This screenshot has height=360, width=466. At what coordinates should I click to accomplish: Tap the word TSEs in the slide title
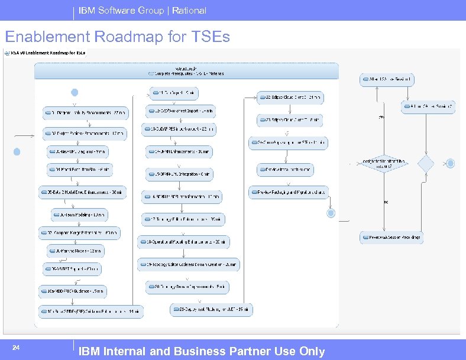(x=210, y=37)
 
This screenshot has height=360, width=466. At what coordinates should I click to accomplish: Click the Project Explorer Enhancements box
(x=85, y=133)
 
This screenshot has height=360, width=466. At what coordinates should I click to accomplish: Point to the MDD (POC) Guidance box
(x=73, y=291)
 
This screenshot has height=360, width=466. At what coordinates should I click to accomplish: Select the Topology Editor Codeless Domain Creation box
(x=188, y=264)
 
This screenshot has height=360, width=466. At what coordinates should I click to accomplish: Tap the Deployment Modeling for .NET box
(x=212, y=309)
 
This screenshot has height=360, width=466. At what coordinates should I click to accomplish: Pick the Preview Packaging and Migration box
(x=293, y=192)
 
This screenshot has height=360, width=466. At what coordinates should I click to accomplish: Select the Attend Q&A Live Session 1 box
(x=387, y=79)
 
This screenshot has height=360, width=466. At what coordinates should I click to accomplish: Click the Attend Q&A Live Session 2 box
(x=428, y=107)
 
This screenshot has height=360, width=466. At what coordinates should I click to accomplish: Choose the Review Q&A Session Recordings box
(x=391, y=238)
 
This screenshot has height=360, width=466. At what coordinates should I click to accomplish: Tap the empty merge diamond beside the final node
(x=426, y=164)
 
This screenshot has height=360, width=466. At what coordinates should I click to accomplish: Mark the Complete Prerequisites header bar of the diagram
(x=186, y=71)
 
